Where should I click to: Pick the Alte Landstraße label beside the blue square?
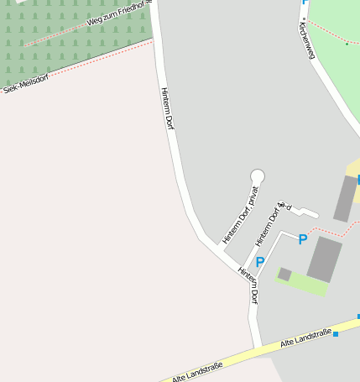click(x=305, y=338)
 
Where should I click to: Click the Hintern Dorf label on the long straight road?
click(x=168, y=109)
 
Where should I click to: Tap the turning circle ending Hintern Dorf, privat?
click(x=258, y=175)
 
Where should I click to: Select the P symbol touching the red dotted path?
click(x=303, y=240)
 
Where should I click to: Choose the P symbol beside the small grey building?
click(x=260, y=263)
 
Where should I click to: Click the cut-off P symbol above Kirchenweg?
click(x=305, y=3)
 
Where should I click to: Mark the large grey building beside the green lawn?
click(x=325, y=259)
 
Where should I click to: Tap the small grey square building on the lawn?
click(x=284, y=274)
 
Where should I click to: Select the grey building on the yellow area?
click(x=345, y=198)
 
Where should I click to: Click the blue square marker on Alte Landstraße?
click(x=336, y=334)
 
